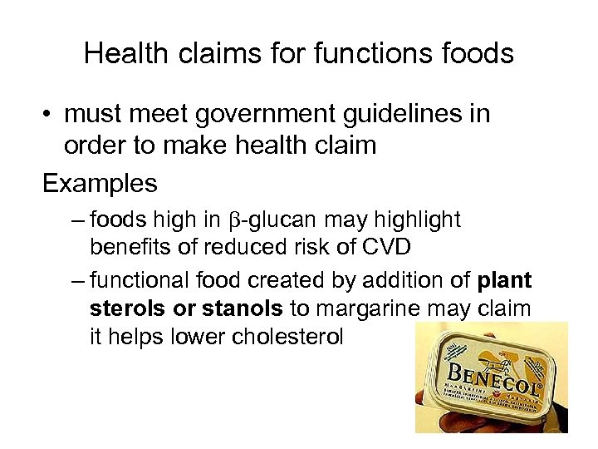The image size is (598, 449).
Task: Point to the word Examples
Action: (x=100, y=182)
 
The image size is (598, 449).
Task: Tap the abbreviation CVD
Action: (x=382, y=248)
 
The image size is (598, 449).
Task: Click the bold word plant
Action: (x=504, y=281)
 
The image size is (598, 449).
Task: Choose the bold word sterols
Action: (x=125, y=309)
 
